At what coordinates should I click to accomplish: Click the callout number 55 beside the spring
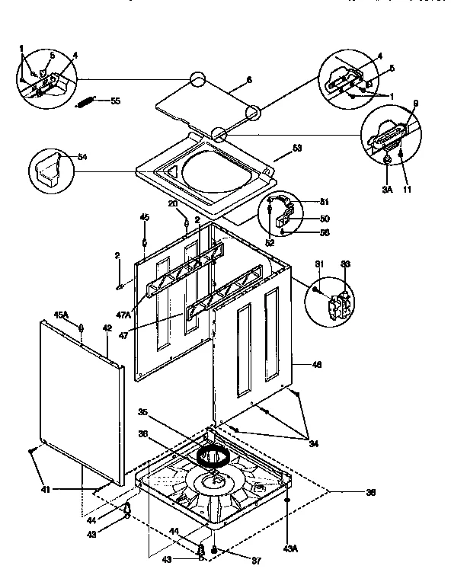(x=115, y=101)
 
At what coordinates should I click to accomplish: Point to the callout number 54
(x=82, y=157)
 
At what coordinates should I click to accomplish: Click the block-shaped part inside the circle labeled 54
(x=49, y=170)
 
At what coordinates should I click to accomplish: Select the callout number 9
(x=416, y=104)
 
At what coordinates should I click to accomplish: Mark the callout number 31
(x=318, y=264)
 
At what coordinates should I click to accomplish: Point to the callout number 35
(x=142, y=413)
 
